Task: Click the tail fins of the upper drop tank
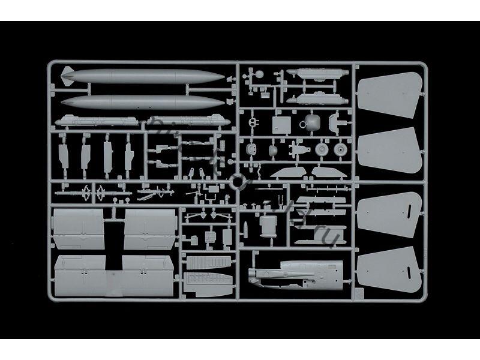(65, 77)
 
